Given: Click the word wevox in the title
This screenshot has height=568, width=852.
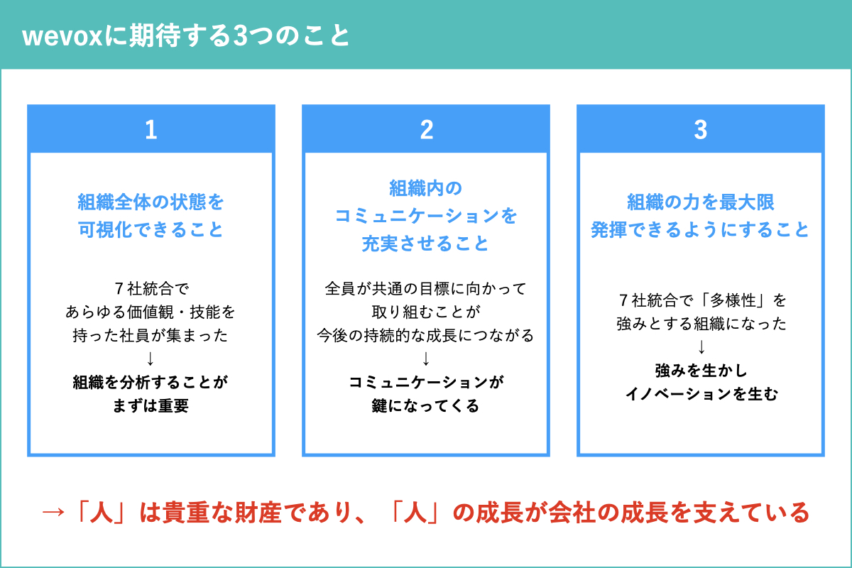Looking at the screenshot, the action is tap(62, 37).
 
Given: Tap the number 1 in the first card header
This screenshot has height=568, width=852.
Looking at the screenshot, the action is tap(151, 130).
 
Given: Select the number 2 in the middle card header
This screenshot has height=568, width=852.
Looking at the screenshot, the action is tap(427, 130).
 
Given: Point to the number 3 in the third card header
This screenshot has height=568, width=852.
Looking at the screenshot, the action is tap(701, 130).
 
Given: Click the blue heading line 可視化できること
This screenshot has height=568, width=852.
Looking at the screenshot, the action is tap(151, 229).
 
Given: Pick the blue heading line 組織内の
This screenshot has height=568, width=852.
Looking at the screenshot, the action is tap(425, 188).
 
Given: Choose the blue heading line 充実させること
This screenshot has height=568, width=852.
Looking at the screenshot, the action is tap(425, 244).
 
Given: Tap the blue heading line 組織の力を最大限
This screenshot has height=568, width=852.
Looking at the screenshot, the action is tap(701, 202).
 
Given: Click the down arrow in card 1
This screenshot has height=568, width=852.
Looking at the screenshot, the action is tap(151, 359).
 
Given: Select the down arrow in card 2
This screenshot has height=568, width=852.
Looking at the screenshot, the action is tap(426, 359).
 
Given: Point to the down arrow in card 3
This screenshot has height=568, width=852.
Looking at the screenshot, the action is tap(701, 347).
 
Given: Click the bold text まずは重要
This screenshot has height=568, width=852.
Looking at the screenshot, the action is tap(151, 405).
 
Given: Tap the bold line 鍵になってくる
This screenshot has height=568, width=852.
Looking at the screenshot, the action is tap(425, 405).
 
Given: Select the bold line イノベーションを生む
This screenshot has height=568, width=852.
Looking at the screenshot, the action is tap(701, 394).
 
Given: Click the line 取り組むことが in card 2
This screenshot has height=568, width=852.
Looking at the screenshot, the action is tap(426, 312).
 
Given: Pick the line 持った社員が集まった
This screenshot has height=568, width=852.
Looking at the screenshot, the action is tap(151, 335).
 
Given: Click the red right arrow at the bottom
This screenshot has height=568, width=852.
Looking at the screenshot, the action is tap(53, 513).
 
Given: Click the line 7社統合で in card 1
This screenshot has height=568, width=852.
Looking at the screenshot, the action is tap(151, 289).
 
